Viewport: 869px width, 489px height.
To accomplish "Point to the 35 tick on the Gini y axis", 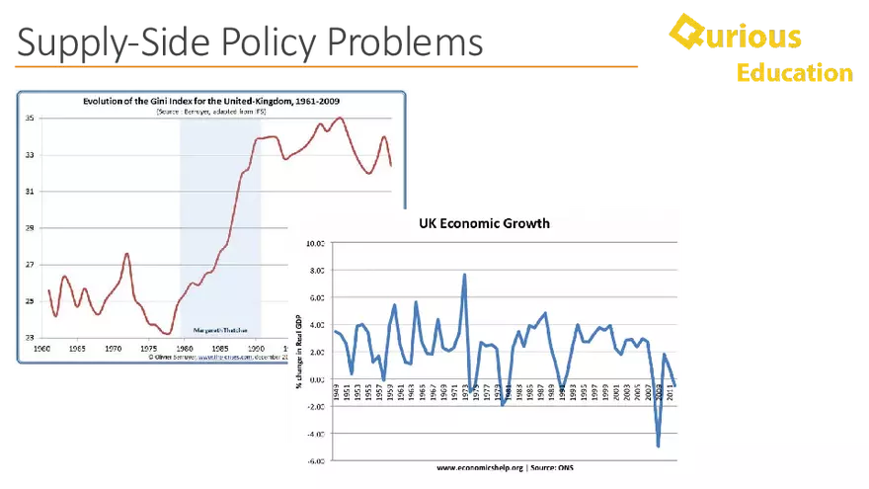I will (30, 119).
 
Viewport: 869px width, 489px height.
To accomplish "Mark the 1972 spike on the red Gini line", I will (126, 254).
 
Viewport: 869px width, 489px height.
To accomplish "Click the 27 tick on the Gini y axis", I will (30, 264).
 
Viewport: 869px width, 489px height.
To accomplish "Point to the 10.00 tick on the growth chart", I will (315, 243).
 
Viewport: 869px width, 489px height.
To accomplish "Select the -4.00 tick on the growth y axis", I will (315, 434).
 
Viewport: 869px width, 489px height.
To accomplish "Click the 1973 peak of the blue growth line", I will (464, 276).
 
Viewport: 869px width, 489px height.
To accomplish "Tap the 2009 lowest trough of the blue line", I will (658, 446).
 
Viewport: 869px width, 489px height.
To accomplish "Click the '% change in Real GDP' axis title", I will (298, 352).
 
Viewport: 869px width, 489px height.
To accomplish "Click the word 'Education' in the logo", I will (794, 73).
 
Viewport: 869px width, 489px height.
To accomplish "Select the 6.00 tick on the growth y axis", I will (315, 297).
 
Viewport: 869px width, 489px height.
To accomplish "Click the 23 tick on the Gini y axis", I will (30, 337).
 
